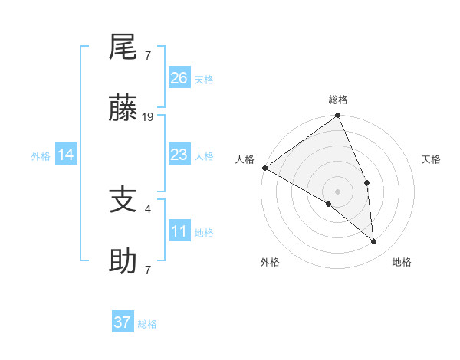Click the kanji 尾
[123, 48]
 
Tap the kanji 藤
[123, 110]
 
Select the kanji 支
[123, 201]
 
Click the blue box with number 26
[179, 78]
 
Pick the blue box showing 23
[179, 155]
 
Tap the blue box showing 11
[179, 231]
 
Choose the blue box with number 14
[66, 155]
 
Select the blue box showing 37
[123, 322]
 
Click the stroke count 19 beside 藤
[149, 117]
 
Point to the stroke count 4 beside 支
[147, 208]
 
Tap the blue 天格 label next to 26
[204, 79]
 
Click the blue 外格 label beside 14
[41, 155]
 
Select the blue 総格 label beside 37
[147, 324]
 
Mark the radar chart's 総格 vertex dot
[338, 116]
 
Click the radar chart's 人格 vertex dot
[264, 168]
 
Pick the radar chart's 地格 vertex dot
[373, 241]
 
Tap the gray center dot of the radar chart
[337, 191]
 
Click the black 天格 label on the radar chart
[432, 159]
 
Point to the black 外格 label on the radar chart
[270, 262]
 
